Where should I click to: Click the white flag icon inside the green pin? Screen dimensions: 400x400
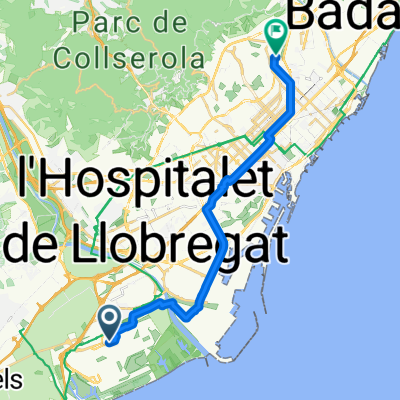(277, 31)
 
